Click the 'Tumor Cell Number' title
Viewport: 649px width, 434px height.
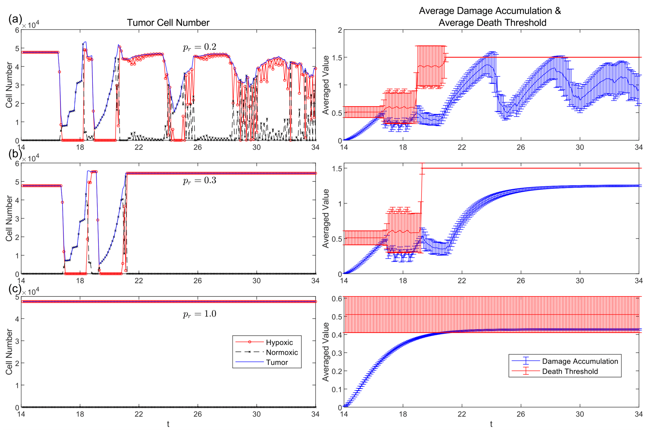pyautogui.click(x=168, y=23)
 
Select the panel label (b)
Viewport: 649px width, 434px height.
pyautogui.click(x=15, y=153)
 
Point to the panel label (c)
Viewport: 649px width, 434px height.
pyautogui.click(x=15, y=288)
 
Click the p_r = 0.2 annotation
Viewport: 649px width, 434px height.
pyautogui.click(x=199, y=47)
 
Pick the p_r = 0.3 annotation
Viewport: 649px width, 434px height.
pyautogui.click(x=199, y=181)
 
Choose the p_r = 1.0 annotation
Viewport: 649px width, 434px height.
pyautogui.click(x=199, y=314)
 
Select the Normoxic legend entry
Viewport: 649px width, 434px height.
pyautogui.click(x=282, y=352)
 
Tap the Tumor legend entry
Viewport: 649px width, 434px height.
pyautogui.click(x=277, y=362)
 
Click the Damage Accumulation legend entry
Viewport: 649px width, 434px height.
pyautogui.click(x=580, y=361)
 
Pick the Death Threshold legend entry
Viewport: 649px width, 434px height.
pyautogui.click(x=570, y=371)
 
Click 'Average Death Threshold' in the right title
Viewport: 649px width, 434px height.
pyautogui.click(x=492, y=23)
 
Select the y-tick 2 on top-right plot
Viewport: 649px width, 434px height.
pyautogui.click(x=340, y=30)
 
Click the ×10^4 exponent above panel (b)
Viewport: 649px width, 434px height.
pyautogui.click(x=31, y=159)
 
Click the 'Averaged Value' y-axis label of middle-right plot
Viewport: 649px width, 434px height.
pyautogui.click(x=326, y=218)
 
